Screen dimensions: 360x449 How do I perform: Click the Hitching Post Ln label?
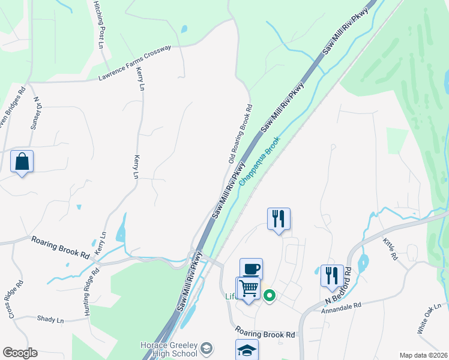click(x=99, y=25)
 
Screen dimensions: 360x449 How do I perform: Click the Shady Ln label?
click(x=50, y=320)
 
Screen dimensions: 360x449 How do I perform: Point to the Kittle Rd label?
click(x=390, y=248)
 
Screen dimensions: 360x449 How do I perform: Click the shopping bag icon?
click(x=22, y=161)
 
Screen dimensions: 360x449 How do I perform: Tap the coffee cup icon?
click(x=251, y=269)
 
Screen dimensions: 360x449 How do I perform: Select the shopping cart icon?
click(x=248, y=288)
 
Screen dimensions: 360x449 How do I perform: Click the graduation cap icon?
click(x=246, y=350)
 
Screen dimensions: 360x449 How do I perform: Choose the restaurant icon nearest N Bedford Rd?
click(x=332, y=275)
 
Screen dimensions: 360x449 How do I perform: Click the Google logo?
click(x=20, y=353)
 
